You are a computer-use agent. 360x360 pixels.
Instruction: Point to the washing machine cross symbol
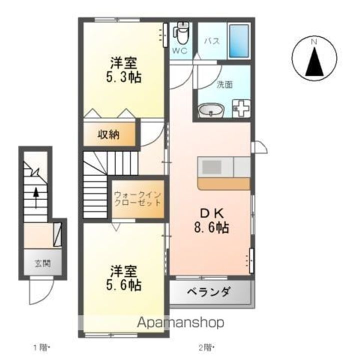click(241, 108)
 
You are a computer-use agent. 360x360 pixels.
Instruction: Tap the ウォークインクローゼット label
click(137, 198)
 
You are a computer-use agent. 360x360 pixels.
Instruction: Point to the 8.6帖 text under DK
click(211, 228)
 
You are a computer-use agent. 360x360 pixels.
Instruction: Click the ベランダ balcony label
click(209, 292)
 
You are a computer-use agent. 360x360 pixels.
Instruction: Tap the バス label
click(212, 41)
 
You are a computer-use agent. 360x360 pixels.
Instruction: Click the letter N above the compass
click(314, 42)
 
